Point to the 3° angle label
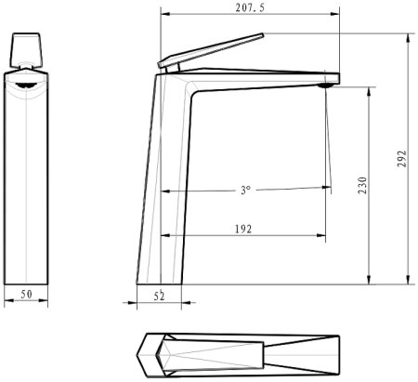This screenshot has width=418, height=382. pyautogui.click(x=245, y=190)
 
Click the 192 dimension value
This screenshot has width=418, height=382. pyautogui.click(x=244, y=228)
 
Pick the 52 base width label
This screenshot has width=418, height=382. pyautogui.click(x=159, y=295)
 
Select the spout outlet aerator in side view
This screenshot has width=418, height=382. pyautogui.click(x=325, y=86)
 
